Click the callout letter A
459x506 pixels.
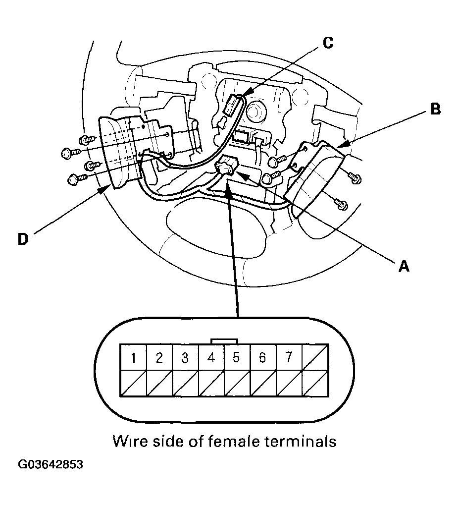tap(404, 267)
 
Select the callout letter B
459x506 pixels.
tap(435, 110)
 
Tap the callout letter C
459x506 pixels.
tap(327, 43)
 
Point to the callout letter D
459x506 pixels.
tap(23, 239)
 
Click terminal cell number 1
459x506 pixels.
tap(133, 357)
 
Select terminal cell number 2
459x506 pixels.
tap(159, 357)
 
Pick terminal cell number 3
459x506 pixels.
tap(185, 357)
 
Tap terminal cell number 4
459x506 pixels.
tap(211, 357)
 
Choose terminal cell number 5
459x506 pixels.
tap(236, 357)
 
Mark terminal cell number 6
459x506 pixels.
tap(262, 357)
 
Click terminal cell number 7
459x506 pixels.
tap(288, 357)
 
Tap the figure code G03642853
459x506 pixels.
tap(51, 465)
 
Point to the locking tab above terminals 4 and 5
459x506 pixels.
tap(224, 341)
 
